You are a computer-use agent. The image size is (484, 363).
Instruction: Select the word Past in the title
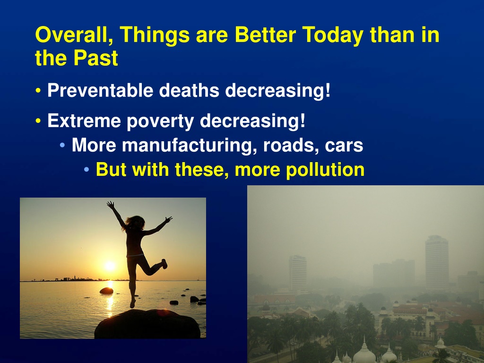pos(95,58)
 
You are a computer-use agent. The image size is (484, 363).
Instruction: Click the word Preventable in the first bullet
pos(100,90)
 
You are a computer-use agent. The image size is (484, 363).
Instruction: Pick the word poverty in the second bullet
pos(160,121)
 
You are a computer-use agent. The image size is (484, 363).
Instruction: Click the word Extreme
pos(84,121)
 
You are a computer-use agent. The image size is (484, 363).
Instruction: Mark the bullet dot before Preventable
pos(38,91)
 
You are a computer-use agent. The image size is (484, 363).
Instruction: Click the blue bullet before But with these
pos(86,170)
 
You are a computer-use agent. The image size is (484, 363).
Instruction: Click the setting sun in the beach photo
pos(110,266)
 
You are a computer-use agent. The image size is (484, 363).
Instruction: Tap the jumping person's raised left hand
pos(110,204)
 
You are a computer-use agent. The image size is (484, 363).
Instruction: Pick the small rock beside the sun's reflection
pos(106,291)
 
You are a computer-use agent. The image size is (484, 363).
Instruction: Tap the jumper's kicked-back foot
pos(164,264)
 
